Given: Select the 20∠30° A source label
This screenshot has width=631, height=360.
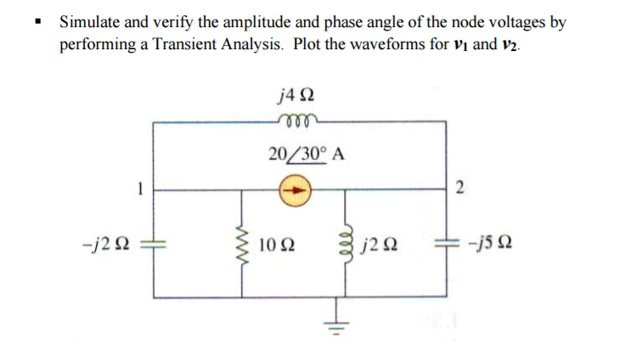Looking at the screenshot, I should click(305, 155).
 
